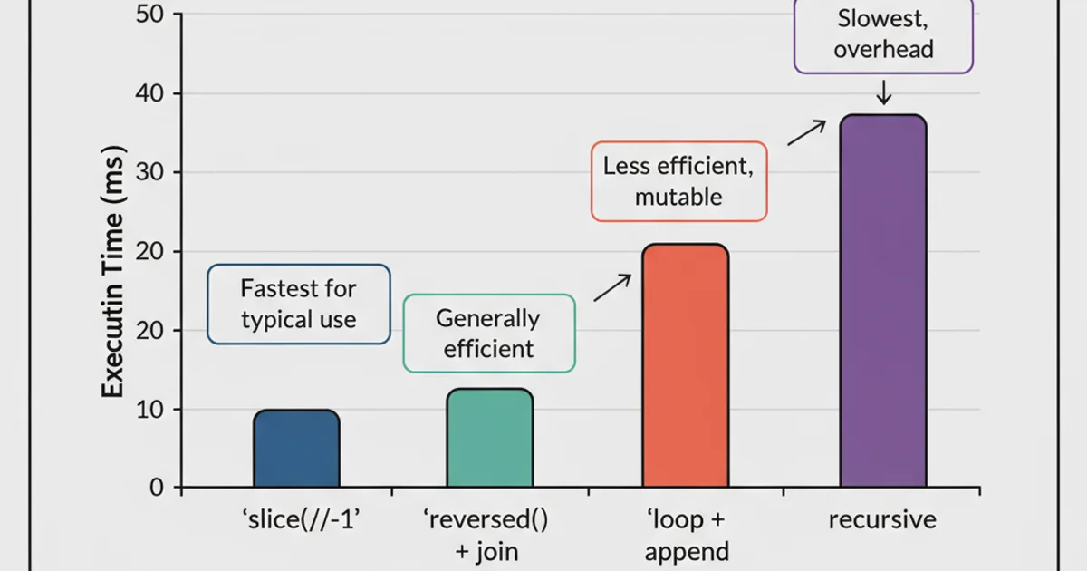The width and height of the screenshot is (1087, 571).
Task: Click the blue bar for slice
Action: [296, 449]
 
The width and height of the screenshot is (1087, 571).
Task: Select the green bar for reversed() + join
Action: [489, 438]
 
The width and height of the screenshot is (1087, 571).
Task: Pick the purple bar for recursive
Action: [883, 301]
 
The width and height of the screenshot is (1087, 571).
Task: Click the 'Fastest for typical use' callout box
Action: [299, 305]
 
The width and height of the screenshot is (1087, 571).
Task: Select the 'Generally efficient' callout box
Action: [489, 333]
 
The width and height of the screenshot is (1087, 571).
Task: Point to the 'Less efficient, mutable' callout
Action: [679, 181]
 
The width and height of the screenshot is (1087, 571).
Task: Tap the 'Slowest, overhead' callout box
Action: [883, 35]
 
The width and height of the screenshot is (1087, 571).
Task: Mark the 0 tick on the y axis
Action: [156, 488]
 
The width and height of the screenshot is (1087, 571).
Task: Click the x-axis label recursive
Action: [882, 521]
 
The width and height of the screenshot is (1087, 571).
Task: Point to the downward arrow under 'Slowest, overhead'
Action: [884, 92]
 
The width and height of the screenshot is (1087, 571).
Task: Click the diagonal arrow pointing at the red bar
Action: [611, 287]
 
